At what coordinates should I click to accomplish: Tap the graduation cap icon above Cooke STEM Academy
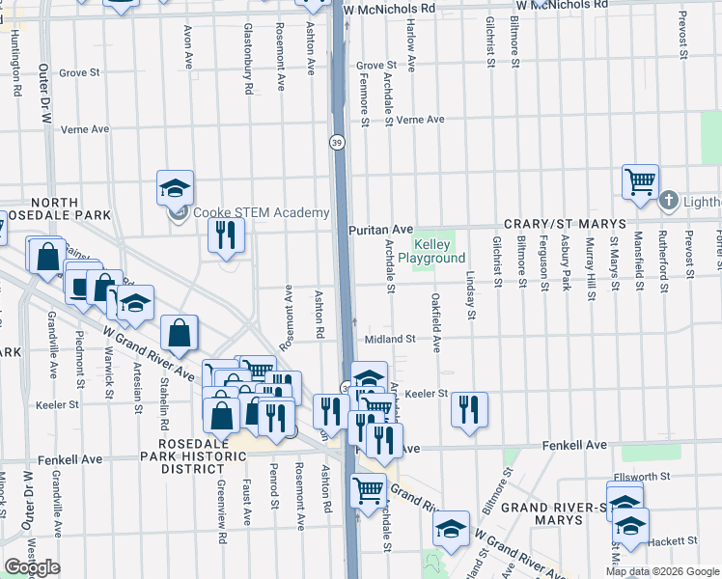(176, 187)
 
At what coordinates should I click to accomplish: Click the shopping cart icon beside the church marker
(640, 181)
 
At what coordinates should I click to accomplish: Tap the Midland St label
(390, 339)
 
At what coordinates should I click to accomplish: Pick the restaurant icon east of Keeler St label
(469, 409)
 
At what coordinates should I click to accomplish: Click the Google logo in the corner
(32, 567)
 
